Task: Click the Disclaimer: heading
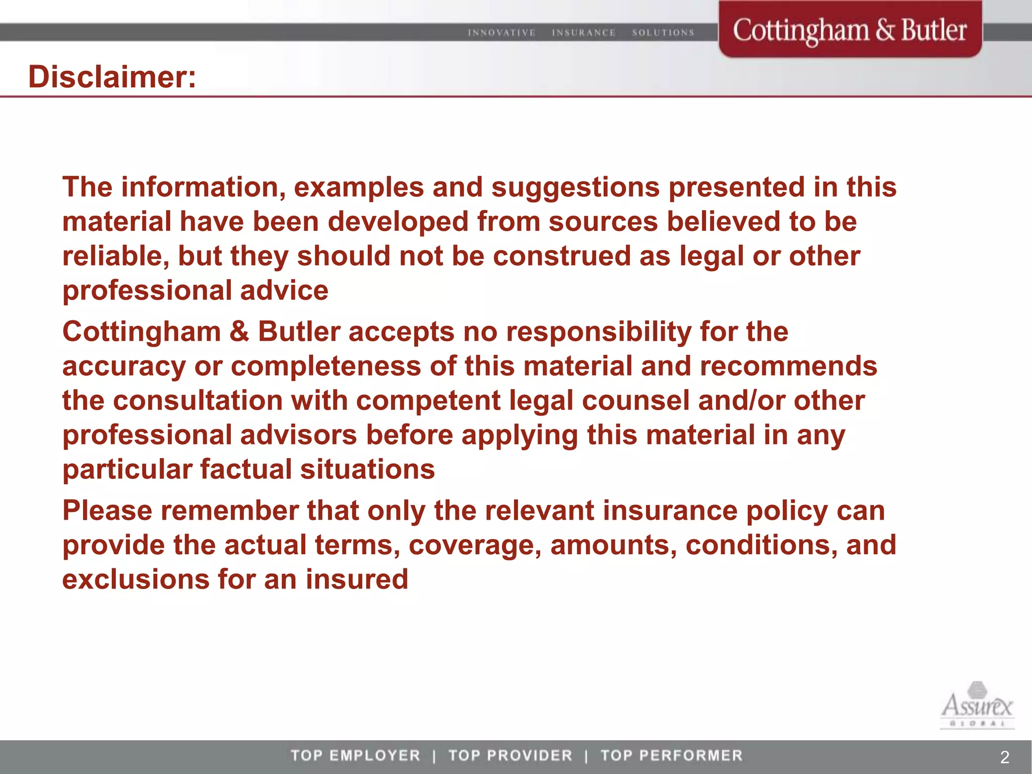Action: coord(112,77)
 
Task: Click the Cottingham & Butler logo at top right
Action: coord(850,30)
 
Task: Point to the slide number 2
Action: coord(1004,757)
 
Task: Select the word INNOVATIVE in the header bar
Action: coord(501,33)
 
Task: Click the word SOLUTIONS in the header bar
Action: coord(663,33)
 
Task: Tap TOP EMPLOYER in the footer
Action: coord(355,755)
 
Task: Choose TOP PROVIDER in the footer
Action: coord(510,755)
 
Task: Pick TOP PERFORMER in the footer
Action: coord(672,755)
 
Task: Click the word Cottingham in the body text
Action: coord(142,332)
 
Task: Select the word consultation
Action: coord(198,401)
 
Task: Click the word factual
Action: coord(246,470)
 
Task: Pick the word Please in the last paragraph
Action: coord(107,511)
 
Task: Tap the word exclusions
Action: coord(136,579)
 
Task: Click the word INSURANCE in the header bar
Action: coord(584,33)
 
